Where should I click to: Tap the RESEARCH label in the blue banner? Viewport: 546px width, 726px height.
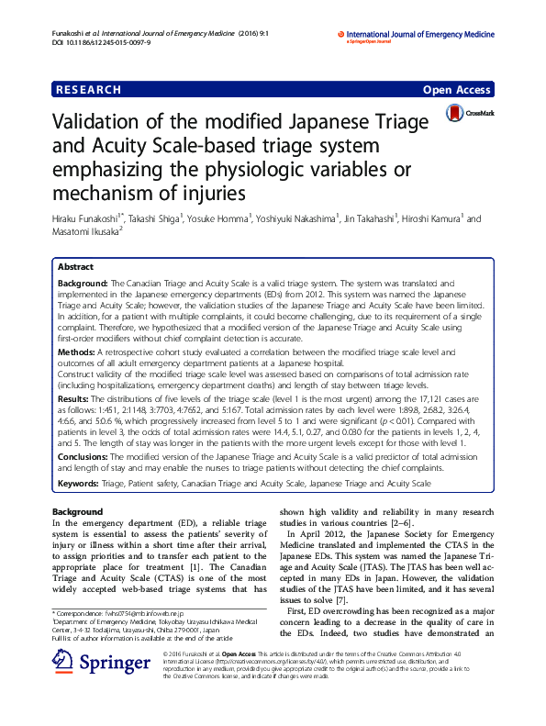(x=88, y=90)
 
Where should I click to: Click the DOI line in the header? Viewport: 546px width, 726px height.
(x=94, y=42)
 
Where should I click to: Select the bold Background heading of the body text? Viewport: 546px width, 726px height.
(x=78, y=511)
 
